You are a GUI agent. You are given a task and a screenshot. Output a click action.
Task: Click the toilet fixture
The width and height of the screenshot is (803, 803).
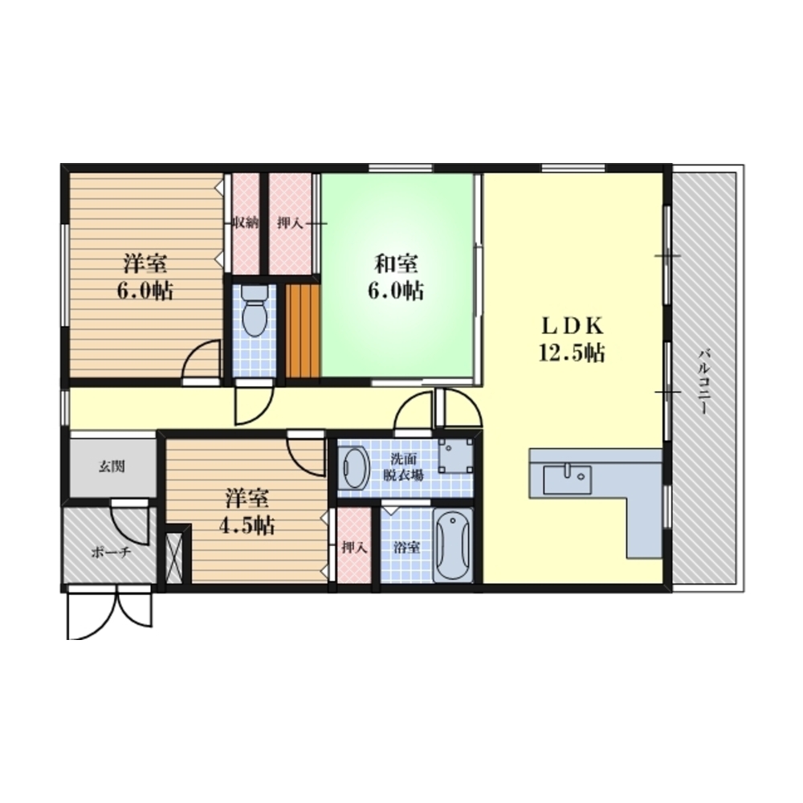254,310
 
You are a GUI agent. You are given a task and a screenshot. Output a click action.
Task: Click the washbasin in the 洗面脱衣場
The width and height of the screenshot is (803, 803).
354,467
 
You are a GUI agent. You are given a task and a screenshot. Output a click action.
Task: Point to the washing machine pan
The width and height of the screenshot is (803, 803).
455,454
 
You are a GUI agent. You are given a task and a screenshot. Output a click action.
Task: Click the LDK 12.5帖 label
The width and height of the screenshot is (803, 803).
571,339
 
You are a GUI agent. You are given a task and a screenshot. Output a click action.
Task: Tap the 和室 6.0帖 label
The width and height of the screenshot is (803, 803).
395,278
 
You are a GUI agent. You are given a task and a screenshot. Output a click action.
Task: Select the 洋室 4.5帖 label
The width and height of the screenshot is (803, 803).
247,512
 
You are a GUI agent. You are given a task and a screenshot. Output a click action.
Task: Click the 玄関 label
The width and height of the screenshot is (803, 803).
112,467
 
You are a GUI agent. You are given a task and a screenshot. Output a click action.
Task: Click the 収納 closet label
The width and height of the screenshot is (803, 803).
245,223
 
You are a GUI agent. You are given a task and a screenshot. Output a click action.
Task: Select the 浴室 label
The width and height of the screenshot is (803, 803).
406,548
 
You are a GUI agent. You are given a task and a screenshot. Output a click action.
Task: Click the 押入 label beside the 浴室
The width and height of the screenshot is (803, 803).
354,548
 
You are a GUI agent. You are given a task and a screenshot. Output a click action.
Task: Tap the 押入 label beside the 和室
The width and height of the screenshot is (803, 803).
290,223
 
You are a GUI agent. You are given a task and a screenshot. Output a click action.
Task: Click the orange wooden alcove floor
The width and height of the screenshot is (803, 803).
302,331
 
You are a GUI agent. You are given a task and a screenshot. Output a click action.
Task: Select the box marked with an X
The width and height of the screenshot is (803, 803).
174,558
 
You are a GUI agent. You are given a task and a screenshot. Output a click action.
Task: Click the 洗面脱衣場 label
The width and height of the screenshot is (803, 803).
404,467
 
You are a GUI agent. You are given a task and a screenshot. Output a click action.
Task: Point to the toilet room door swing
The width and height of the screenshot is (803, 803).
254,406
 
